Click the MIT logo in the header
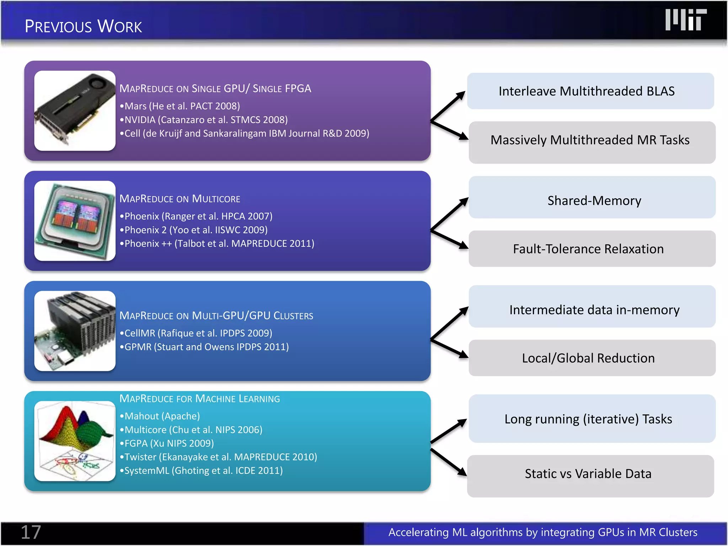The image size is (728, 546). coord(686,20)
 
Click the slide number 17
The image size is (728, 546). coord(31,532)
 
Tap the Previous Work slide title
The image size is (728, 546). coord(83,26)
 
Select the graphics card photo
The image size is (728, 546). coord(75,111)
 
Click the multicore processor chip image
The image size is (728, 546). coord(75,221)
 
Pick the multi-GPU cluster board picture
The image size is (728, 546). coord(75,331)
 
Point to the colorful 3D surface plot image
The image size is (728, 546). coord(75,441)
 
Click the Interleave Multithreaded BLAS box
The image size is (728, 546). coord(590,91)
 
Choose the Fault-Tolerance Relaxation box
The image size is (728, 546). coord(592,249)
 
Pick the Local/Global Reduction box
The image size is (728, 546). coord(592,358)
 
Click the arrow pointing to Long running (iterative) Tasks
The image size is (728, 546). coord(449,431)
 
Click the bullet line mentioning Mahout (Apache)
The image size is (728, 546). coord(160,416)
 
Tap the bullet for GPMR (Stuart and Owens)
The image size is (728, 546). coord(204,347)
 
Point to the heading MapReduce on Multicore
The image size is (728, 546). coord(180,199)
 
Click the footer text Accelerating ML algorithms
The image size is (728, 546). coord(542,532)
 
